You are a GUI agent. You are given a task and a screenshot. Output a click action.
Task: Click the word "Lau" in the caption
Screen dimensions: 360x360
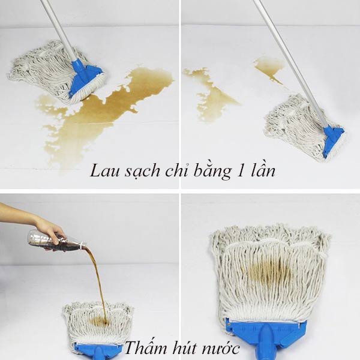coord(105,170)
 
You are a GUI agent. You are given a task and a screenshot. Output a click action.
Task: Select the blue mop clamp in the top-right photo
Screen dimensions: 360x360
coord(333,140)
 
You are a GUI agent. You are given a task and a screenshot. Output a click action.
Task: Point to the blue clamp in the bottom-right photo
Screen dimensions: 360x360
coord(266,337)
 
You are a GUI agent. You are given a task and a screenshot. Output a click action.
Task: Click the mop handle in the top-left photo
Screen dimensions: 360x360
coord(59,30)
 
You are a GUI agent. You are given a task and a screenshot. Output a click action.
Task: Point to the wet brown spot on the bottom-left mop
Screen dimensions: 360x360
coord(99,320)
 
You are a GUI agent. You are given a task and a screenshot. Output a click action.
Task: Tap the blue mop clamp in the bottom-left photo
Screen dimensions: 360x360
coord(99,351)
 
